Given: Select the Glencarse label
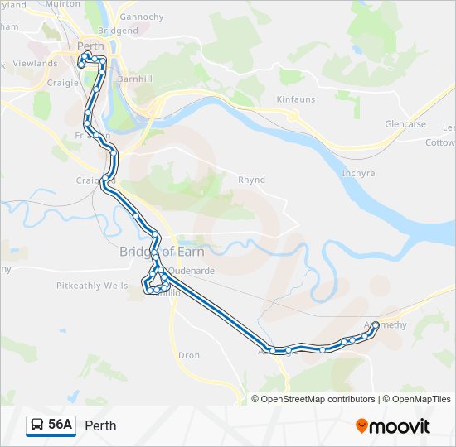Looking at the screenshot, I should (405, 124).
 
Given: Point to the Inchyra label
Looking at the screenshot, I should (358, 173).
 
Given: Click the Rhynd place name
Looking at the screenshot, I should (251, 179).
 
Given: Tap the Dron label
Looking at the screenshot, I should (189, 355).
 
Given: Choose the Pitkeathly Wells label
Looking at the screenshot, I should (92, 286).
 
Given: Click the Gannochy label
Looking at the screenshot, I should (142, 16).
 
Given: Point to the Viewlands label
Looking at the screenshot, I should (35, 63).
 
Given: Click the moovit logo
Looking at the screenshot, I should (393, 426).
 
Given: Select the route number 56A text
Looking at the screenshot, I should (61, 425).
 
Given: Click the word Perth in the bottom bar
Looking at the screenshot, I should (100, 425).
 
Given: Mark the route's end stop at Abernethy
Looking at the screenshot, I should (376, 324).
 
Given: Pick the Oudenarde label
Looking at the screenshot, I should (193, 270).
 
